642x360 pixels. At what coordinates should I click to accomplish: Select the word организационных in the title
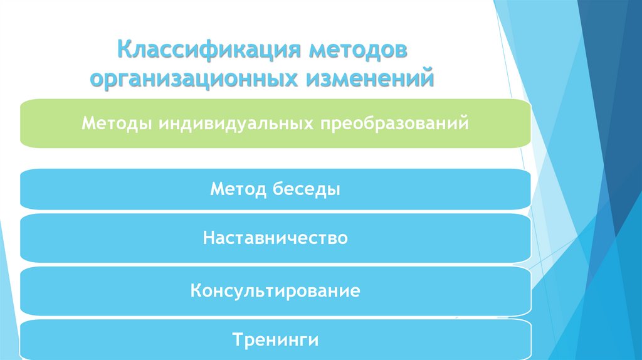[194, 80]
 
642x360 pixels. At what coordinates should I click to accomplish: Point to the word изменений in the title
[371, 80]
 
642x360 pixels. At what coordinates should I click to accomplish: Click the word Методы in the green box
[117, 123]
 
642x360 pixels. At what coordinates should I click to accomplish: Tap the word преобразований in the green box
[396, 123]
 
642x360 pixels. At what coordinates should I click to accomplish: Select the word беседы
[307, 188]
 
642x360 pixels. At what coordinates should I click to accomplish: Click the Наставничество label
[275, 238]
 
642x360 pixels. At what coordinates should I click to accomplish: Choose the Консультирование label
[275, 291]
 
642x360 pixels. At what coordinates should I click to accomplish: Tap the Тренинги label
[275, 341]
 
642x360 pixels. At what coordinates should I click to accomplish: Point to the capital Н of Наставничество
[208, 238]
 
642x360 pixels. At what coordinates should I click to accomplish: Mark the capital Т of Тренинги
[236, 341]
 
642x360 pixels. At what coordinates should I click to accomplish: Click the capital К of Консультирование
[196, 291]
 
